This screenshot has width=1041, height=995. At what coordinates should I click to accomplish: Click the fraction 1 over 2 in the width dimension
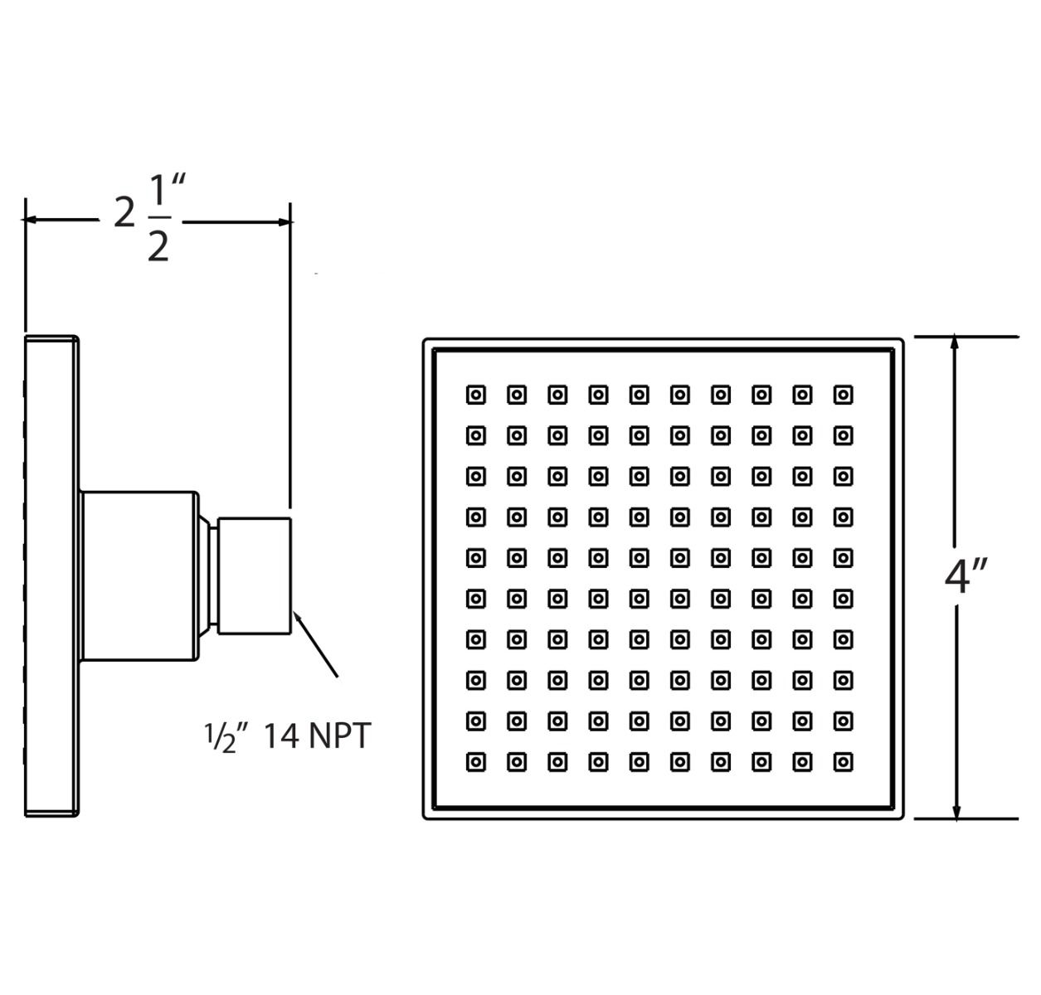[x=159, y=218]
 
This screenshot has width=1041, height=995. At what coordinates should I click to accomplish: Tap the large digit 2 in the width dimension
[x=124, y=212]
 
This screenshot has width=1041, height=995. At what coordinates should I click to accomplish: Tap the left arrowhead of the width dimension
[x=29, y=219]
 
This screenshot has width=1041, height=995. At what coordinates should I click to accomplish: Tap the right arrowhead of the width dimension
[x=285, y=222]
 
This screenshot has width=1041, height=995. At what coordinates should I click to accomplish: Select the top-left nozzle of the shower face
[x=476, y=396]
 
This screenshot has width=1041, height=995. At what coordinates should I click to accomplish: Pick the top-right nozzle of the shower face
[x=843, y=396]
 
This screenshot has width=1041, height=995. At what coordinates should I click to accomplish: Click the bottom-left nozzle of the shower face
[x=476, y=762]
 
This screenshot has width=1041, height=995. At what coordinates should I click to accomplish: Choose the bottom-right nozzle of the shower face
[x=843, y=762]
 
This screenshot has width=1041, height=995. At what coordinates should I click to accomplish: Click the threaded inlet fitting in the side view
[x=254, y=575]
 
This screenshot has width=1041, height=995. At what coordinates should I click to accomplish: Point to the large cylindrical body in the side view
[x=140, y=575]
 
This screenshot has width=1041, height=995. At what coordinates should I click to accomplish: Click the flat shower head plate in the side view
[x=52, y=575]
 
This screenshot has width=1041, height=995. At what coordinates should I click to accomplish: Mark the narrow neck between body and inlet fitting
[x=212, y=575]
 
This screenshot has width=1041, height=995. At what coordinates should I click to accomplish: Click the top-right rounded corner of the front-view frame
[x=901, y=341]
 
